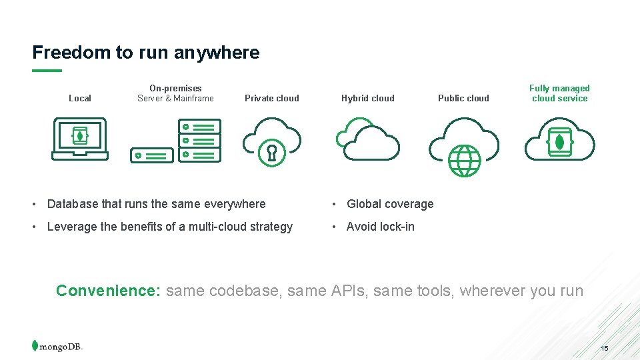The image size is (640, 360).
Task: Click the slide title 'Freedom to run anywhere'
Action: [x=146, y=53]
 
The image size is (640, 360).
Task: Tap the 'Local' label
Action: [x=80, y=99]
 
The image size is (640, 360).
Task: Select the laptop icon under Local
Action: [x=79, y=139]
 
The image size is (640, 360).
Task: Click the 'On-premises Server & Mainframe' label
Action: [x=175, y=93]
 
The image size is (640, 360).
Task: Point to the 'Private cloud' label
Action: [x=272, y=99]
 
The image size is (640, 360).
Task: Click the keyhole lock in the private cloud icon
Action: [x=272, y=153]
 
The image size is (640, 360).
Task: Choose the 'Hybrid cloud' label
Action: [x=368, y=99]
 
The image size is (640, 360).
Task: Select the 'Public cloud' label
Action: [x=463, y=99]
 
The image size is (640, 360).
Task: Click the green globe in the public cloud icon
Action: [x=464, y=161]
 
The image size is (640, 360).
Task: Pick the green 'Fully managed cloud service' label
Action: [x=559, y=93]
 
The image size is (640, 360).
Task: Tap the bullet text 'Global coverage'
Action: [x=390, y=204]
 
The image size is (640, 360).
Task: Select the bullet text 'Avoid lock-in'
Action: [x=381, y=227]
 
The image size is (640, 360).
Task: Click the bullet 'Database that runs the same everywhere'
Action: [x=156, y=204]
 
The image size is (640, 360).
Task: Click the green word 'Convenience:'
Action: [x=108, y=291]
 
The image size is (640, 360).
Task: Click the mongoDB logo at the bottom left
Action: [x=57, y=346]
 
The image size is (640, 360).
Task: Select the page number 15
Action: [x=605, y=349]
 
